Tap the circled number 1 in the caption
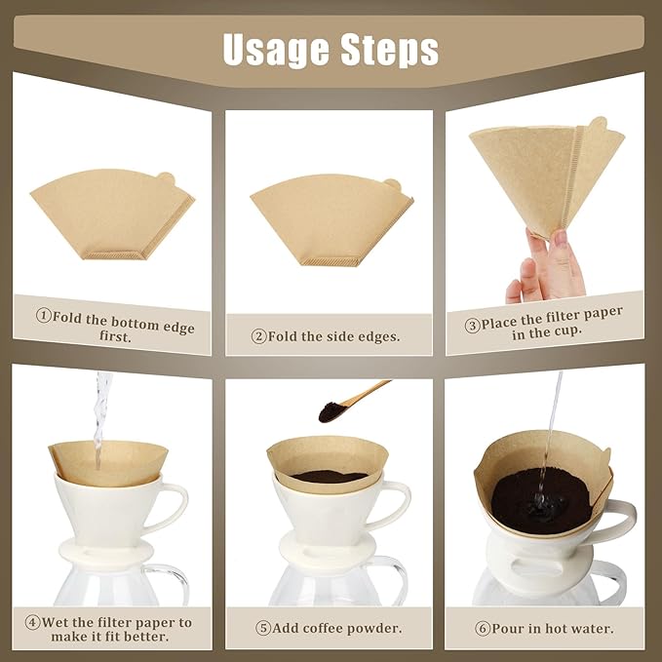click(44, 316)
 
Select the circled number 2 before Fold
click(259, 335)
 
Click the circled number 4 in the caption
click(32, 621)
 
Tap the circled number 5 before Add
click(263, 629)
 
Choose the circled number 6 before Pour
click(482, 629)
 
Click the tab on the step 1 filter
click(166, 179)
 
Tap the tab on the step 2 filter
click(391, 184)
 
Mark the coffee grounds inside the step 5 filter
click(329, 476)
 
